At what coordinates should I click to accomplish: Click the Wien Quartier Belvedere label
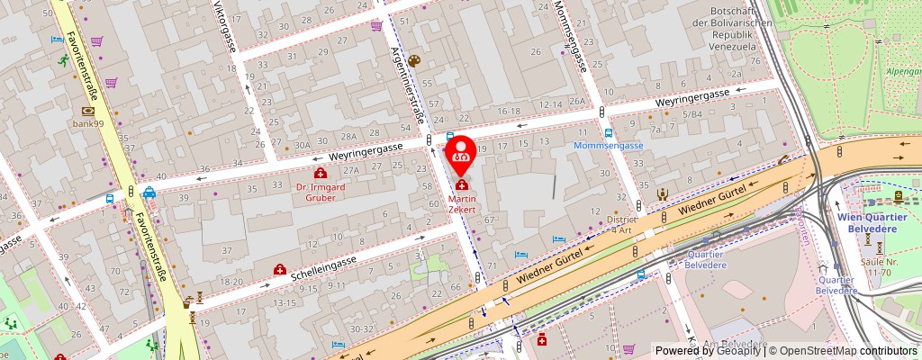point(875,222)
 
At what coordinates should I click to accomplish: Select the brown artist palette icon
point(413,60)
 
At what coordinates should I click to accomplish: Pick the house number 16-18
point(509,111)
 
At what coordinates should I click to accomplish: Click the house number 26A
point(577,101)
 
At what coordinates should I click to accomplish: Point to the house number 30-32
point(362,328)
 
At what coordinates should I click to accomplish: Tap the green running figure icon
point(64,60)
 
